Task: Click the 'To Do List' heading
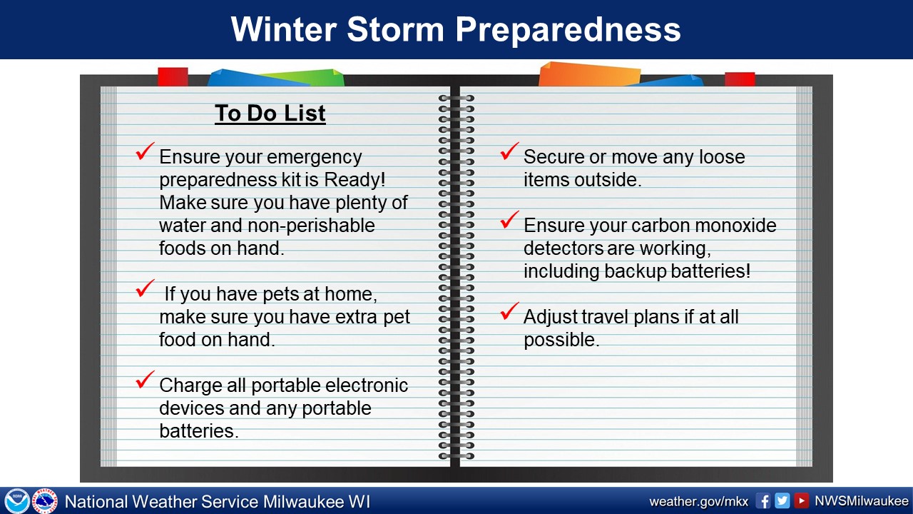tap(270, 113)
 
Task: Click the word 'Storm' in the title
tap(395, 29)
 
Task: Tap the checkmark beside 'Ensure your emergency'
tap(145, 151)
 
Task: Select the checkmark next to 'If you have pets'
tap(145, 288)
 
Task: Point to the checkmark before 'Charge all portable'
tap(145, 379)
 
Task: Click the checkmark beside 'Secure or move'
tap(509, 151)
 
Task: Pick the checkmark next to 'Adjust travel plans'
tap(509, 311)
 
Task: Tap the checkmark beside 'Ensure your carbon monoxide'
tap(509, 219)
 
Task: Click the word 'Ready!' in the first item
tap(355, 179)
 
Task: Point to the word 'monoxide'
tap(732, 225)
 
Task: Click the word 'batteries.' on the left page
tap(199, 430)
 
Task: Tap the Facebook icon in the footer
tap(762, 500)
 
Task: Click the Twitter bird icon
tap(782, 500)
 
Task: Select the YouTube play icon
tap(801, 500)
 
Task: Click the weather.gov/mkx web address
tap(698, 501)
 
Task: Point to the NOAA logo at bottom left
tap(16, 500)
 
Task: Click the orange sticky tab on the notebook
tap(589, 74)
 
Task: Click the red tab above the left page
tap(173, 76)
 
